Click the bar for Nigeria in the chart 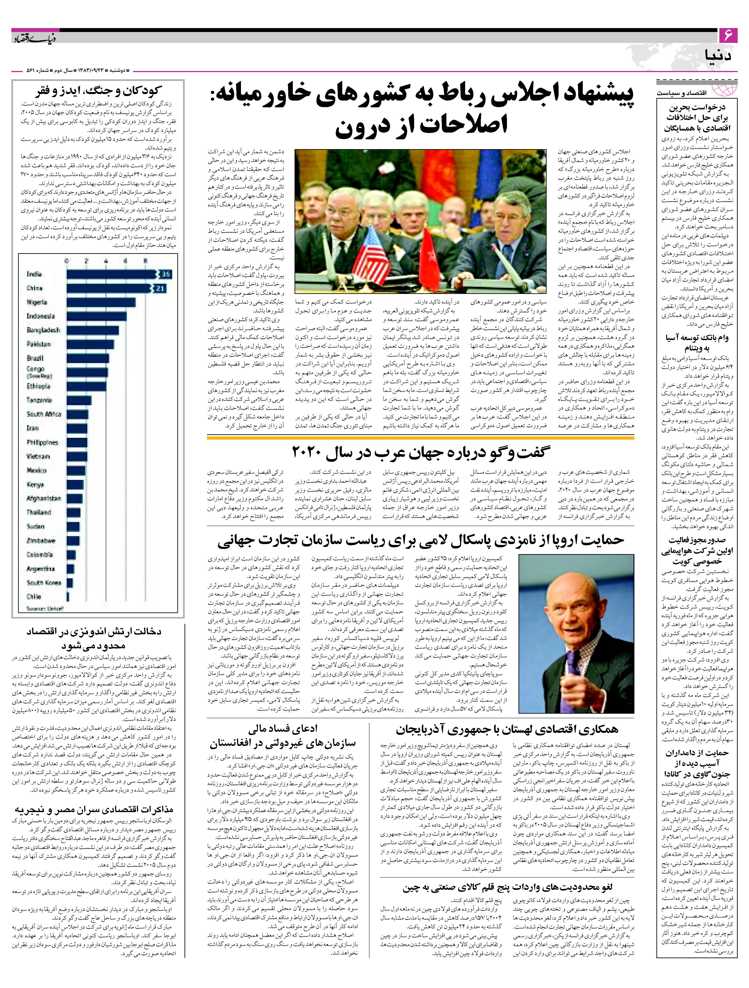tap(101, 302)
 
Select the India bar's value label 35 tap(166, 274)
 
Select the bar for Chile tap(68, 597)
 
